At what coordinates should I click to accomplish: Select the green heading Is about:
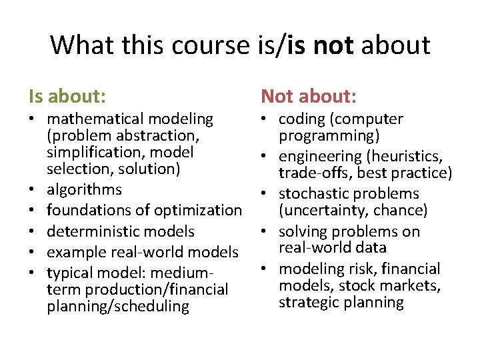pyautogui.click(x=67, y=97)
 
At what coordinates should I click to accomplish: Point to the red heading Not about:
pyautogui.click(x=309, y=97)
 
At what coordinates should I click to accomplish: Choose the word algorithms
pyautogui.click(x=85, y=189)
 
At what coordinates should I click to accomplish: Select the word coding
pyautogui.click(x=301, y=119)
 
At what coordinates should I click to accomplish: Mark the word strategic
pyautogui.click(x=310, y=303)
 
